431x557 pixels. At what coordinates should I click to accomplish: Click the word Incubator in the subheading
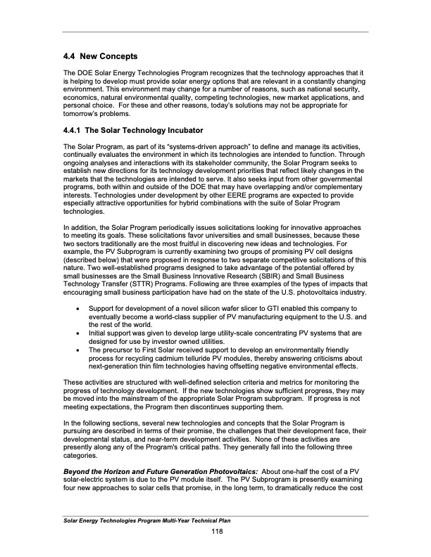[x=179, y=131]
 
